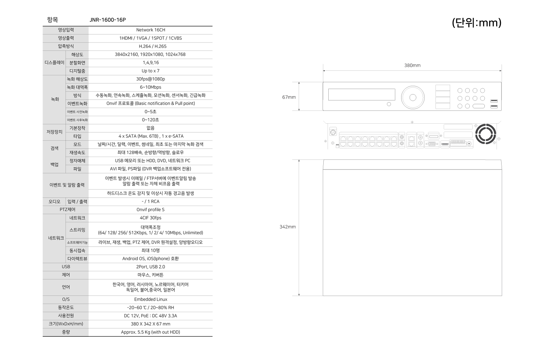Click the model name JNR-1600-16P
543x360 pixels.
click(108, 20)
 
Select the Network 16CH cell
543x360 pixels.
click(150, 30)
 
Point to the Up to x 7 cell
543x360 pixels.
click(150, 71)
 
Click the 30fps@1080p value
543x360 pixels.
click(150, 79)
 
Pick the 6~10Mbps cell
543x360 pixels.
click(150, 87)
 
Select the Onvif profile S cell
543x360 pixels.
click(150, 209)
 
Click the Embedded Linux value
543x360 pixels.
click(150, 299)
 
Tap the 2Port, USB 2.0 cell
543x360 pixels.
click(150, 267)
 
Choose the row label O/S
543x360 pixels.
click(66, 299)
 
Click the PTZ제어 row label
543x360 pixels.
click(68, 209)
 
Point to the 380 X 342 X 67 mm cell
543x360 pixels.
click(150, 324)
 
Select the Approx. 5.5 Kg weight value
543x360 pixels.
click(150, 332)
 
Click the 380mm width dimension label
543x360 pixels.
click(412, 65)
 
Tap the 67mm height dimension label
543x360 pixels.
click(289, 97)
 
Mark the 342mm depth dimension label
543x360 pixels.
click(288, 227)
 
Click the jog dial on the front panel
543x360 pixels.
click(413, 98)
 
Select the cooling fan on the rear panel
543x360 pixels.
click(485, 134)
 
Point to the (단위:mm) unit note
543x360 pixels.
click(477, 23)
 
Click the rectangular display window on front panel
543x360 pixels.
click(362, 95)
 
